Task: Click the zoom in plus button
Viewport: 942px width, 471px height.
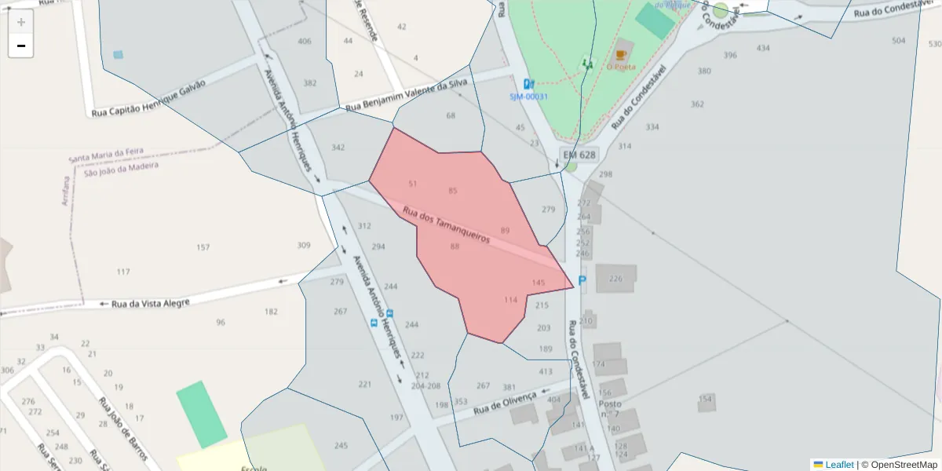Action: click(21, 22)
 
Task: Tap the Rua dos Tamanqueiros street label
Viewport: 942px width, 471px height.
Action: click(446, 224)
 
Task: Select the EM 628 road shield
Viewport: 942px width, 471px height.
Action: click(579, 155)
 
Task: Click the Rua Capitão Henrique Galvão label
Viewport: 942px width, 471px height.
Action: click(148, 97)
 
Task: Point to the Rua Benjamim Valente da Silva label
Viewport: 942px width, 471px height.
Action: click(407, 94)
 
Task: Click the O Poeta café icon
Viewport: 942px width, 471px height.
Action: click(622, 55)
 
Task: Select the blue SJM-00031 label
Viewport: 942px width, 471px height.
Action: click(528, 97)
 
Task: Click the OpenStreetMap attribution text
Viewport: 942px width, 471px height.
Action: click(899, 465)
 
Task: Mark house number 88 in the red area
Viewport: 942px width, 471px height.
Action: click(455, 246)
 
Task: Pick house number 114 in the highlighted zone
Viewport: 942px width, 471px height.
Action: click(511, 300)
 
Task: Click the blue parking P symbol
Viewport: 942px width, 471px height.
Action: click(582, 280)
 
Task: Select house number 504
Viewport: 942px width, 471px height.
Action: click(899, 40)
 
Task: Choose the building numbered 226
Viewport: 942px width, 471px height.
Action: click(615, 279)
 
